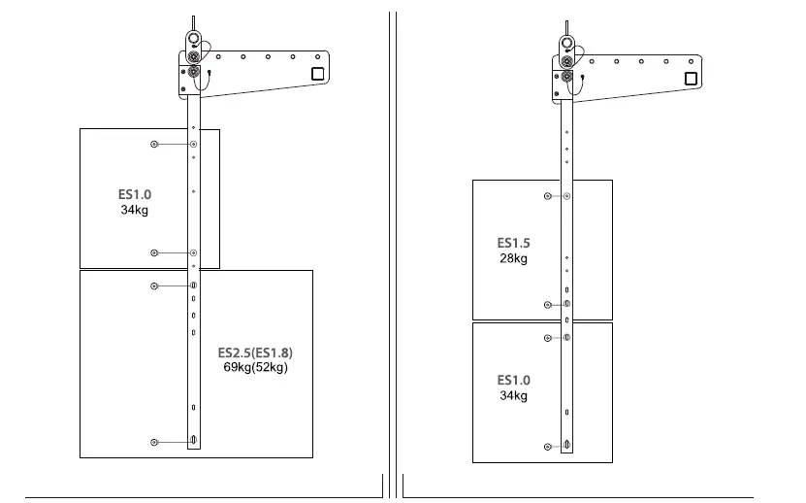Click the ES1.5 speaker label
click(x=513, y=243)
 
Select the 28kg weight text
click(x=513, y=258)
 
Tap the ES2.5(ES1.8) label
click(x=254, y=352)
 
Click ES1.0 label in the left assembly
click(x=135, y=194)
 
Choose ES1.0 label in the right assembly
click(x=513, y=380)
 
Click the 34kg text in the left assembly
click(x=135, y=210)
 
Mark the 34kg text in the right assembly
click(x=513, y=395)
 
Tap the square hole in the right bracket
click(x=691, y=78)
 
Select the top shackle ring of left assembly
click(x=194, y=40)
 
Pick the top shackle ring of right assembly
click(x=566, y=45)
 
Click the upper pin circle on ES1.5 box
click(x=549, y=196)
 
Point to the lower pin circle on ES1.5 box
click(x=549, y=304)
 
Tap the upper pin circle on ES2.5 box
click(x=154, y=285)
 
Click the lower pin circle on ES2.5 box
click(x=154, y=442)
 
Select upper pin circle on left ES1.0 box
click(x=154, y=145)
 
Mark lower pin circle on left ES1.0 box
click(x=154, y=252)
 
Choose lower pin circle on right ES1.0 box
click(x=549, y=446)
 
